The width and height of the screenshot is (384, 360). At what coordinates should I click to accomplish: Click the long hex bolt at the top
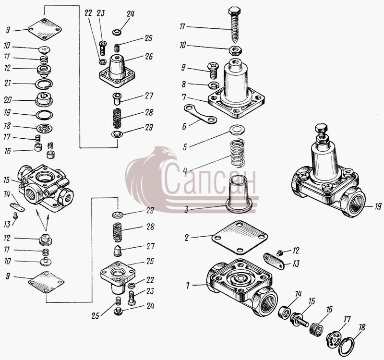(235, 24)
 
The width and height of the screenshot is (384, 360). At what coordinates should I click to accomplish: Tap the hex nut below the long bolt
(235, 51)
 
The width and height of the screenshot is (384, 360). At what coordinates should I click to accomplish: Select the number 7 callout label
(184, 97)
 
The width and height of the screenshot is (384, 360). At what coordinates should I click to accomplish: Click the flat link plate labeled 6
(200, 114)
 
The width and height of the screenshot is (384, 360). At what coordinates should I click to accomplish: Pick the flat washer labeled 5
(237, 129)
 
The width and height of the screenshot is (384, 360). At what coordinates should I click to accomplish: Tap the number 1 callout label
(188, 285)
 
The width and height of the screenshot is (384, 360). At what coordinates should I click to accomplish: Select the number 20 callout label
(8, 100)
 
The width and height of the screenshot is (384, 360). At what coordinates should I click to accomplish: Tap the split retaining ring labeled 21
(44, 84)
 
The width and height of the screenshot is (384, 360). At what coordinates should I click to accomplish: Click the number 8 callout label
(183, 84)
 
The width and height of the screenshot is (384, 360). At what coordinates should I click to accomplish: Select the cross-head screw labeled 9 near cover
(213, 70)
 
